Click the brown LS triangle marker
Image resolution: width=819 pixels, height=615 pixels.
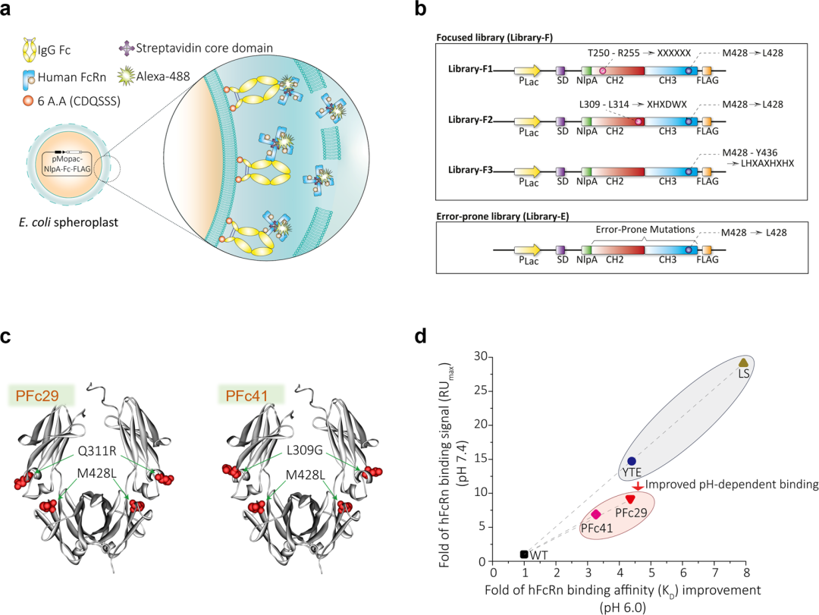(743, 362)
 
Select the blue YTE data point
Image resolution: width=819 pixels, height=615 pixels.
(632, 461)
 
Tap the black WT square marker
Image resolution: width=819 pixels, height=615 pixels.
(524, 554)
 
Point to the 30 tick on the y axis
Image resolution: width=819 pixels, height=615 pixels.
(479, 355)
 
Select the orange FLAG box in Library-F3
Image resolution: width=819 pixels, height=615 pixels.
(707, 174)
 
